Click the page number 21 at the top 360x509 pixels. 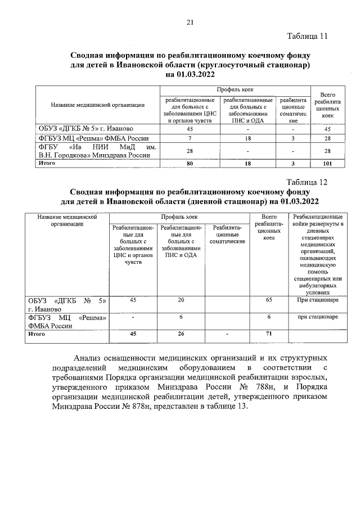click(190, 22)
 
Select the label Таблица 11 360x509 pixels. click(307, 37)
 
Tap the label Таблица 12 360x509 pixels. click(307, 182)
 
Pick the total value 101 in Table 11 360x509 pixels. click(326, 164)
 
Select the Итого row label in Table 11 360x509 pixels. click(47, 163)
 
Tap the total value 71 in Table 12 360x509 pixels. click(268, 334)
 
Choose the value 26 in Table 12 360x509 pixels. click(181, 334)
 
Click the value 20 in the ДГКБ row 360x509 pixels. click(181, 300)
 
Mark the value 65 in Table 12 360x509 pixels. click(268, 300)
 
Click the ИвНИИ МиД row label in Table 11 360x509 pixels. click(96, 150)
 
